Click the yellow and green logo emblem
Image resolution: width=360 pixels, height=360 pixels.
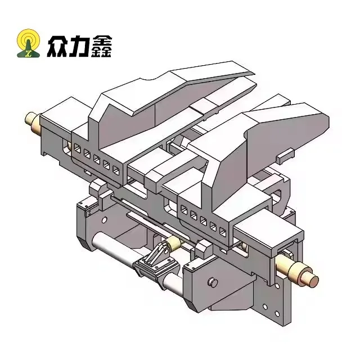29,43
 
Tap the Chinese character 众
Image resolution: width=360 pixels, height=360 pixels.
57,46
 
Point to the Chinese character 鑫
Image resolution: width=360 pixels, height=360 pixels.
101,46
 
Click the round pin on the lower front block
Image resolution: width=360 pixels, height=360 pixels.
213,282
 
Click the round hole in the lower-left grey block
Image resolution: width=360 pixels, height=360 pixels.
104,220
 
